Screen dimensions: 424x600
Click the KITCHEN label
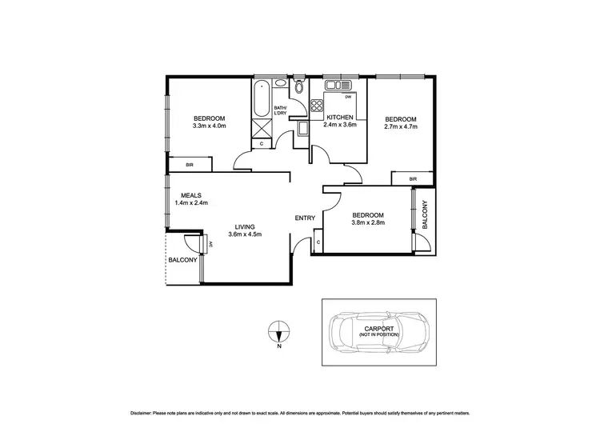(339, 118)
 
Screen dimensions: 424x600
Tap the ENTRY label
(305, 218)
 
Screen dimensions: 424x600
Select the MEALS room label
(190, 195)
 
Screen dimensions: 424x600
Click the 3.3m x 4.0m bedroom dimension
(210, 126)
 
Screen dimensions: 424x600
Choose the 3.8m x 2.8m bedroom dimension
(369, 223)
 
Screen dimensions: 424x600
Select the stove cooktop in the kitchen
(316, 104)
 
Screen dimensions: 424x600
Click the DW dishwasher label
(349, 98)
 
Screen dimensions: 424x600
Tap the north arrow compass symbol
(278, 330)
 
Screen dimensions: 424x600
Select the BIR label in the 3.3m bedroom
(190, 165)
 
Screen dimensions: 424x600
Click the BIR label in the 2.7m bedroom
(413, 179)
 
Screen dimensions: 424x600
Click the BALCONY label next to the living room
(182, 260)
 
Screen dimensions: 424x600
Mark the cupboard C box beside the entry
(318, 242)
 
